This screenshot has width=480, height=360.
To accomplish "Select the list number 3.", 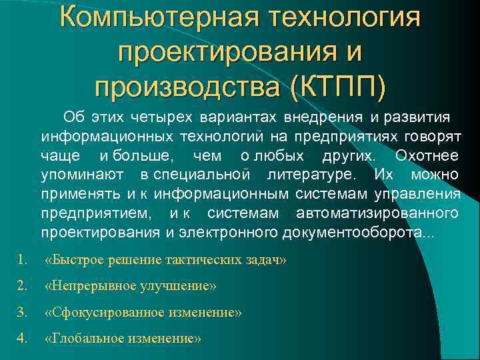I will pyautogui.click(x=23, y=312).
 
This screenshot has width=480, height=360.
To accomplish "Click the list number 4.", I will pyautogui.click(x=23, y=338).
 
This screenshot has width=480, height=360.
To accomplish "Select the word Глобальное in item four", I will pyautogui.click(x=82, y=338).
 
